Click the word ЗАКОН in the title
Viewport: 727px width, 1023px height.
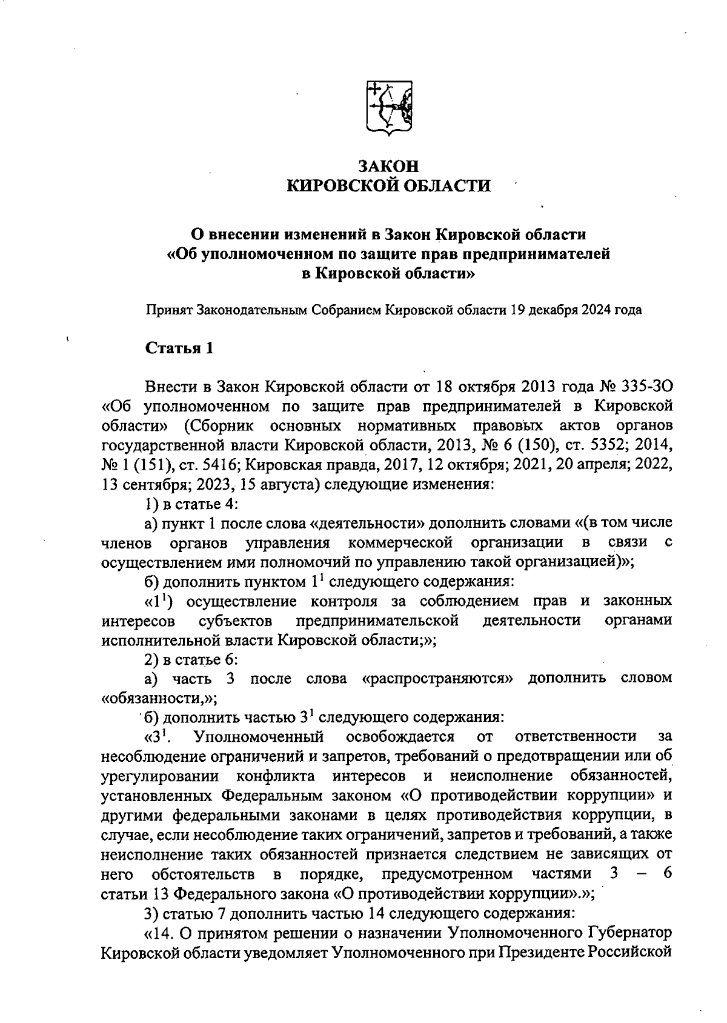[x=388, y=165]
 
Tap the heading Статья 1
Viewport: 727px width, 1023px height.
[x=179, y=348]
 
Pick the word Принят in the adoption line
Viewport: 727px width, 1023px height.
[x=169, y=310]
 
